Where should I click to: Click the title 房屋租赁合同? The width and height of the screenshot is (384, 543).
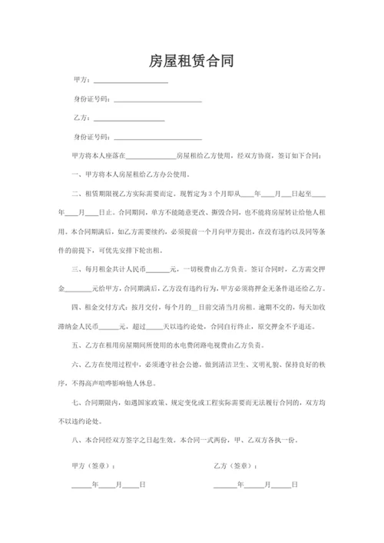(x=192, y=61)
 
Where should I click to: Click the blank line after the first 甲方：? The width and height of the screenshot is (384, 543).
(x=131, y=82)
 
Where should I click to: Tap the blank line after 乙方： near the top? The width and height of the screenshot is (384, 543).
(x=129, y=118)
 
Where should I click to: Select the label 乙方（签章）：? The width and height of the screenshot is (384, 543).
(x=235, y=466)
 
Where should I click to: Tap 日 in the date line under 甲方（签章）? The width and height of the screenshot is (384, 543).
(x=143, y=485)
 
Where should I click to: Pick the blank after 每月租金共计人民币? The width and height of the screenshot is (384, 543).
(x=157, y=268)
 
